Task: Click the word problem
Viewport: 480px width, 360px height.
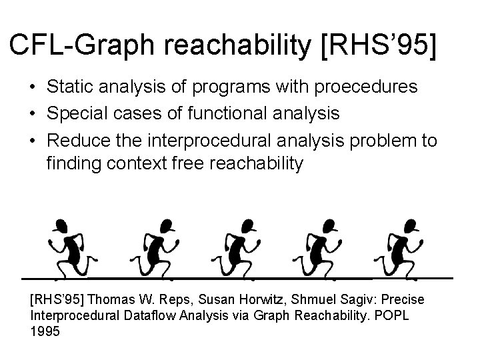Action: click(x=389, y=141)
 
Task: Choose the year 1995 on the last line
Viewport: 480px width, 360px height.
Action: click(x=45, y=330)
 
